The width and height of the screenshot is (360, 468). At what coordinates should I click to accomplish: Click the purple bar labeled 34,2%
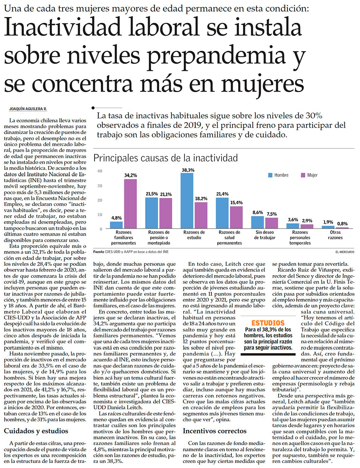coord(131,204)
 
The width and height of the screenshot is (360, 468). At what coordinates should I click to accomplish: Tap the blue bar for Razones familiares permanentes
coord(116,224)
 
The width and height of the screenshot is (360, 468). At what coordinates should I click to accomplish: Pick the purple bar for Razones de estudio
coord(201,215)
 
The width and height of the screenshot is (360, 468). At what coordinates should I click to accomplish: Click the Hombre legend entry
coord(278,175)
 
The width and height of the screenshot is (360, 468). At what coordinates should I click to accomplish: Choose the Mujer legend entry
coord(309,175)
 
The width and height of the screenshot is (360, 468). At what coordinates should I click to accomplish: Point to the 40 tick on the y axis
coord(99,171)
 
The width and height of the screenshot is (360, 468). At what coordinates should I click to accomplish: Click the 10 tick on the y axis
coord(99,214)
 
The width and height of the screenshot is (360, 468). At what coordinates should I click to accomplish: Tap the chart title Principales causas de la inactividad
coord(165,158)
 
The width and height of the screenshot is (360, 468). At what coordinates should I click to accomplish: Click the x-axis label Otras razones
coord(335,235)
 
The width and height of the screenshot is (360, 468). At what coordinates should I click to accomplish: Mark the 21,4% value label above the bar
coord(222,194)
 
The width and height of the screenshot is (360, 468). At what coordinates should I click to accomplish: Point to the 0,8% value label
coord(342,224)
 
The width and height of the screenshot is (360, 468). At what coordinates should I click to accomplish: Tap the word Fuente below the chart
coord(99,251)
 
